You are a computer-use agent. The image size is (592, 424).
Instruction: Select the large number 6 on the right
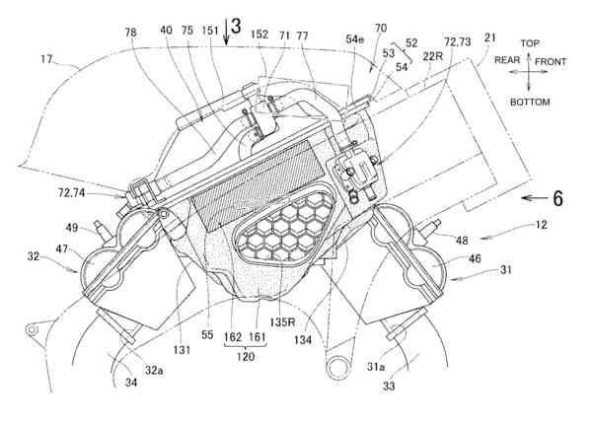pyautogui.click(x=557, y=198)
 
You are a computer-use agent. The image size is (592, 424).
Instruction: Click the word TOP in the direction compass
pyautogui.click(x=531, y=44)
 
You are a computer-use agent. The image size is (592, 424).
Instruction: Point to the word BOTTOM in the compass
pyautogui.click(x=531, y=102)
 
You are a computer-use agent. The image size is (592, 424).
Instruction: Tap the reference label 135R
pyautogui.click(x=291, y=320)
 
